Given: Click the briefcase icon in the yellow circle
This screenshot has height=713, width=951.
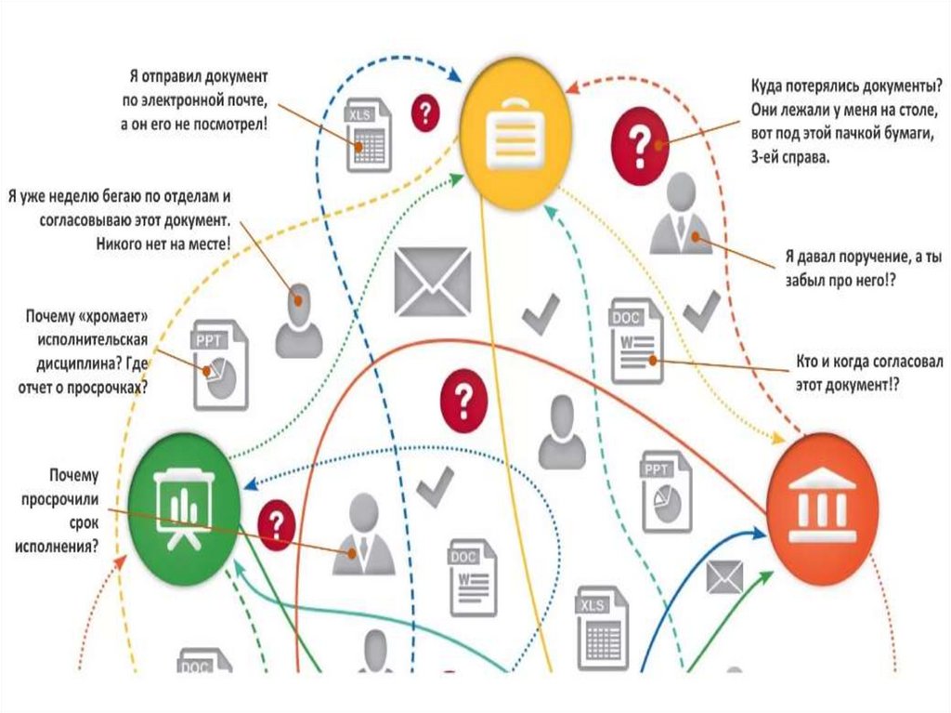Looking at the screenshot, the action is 513,135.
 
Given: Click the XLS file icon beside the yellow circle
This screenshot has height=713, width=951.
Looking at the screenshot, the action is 368,135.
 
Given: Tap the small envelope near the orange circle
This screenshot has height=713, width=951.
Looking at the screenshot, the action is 724,578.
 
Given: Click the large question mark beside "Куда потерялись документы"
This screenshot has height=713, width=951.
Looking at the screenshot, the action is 640,145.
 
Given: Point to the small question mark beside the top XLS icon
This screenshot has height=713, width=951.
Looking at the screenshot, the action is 425,112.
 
